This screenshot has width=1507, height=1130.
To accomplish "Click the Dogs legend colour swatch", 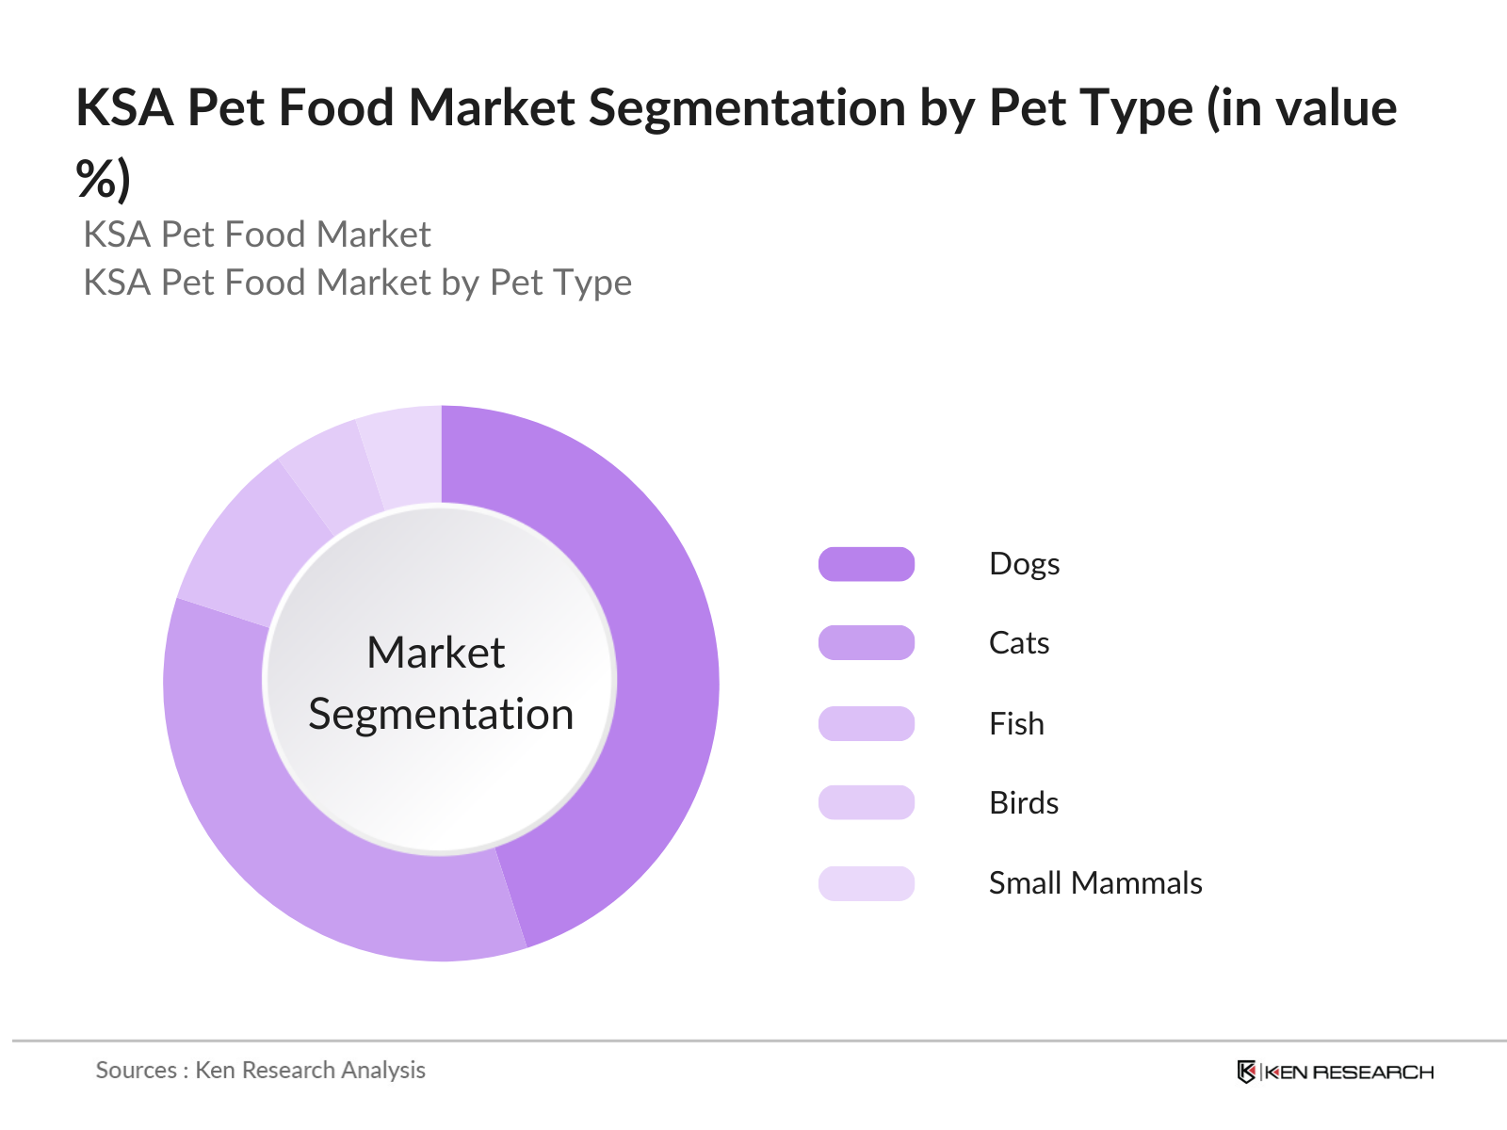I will tap(867, 564).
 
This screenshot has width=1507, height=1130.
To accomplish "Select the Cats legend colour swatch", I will tap(867, 643).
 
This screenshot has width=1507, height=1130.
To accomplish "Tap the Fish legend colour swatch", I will tap(867, 723).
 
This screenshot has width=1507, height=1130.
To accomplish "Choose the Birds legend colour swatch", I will tap(867, 802).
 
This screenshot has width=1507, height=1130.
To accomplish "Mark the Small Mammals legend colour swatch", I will tap(867, 883).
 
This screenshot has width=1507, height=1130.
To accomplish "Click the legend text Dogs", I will tap(1024, 564).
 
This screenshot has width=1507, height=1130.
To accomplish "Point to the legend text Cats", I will tap(1018, 643).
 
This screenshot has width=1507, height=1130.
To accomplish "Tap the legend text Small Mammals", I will tap(1094, 883).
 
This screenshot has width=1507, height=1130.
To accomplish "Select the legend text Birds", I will tap(1024, 802).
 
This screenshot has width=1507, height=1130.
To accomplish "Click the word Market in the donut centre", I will tap(435, 653).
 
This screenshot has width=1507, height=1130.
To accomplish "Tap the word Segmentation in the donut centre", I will tap(441, 714).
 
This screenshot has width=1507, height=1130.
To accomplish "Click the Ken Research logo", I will tap(1335, 1072).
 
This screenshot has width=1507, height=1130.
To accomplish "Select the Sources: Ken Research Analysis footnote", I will tap(260, 1070).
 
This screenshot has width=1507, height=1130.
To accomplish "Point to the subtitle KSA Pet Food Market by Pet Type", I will tap(357, 282).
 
